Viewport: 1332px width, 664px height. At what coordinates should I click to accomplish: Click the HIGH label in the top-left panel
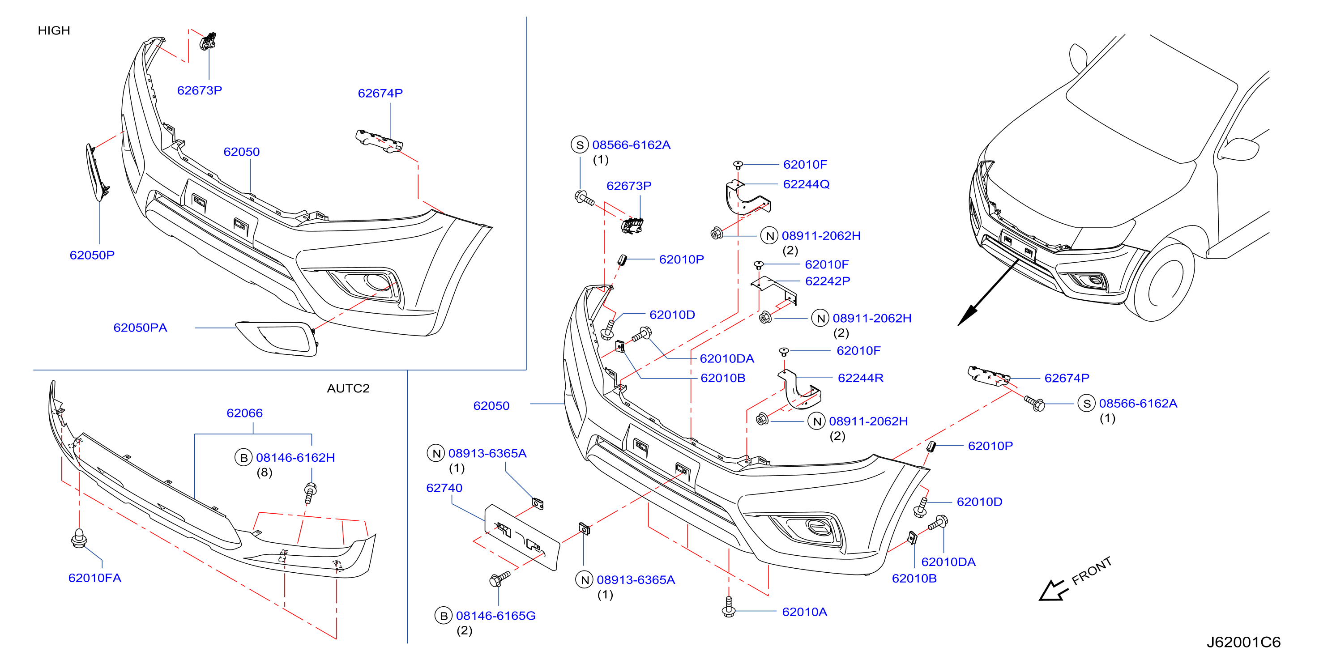tap(54, 30)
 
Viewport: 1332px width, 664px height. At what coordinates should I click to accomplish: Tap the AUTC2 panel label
tap(348, 388)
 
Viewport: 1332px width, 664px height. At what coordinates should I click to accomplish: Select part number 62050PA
tap(140, 328)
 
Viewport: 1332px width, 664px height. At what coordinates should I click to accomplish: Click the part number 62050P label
tap(92, 255)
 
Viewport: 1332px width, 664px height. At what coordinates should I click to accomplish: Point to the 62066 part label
tap(244, 413)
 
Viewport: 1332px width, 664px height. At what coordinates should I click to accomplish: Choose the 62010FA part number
tap(94, 578)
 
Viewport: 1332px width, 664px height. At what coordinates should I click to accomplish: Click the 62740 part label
tap(444, 488)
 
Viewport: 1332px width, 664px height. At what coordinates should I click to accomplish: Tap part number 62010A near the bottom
tap(805, 612)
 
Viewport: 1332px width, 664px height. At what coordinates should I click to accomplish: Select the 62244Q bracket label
tap(806, 184)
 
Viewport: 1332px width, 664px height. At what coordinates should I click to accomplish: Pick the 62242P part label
tap(827, 281)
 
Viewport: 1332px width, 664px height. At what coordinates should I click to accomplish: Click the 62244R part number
tap(860, 378)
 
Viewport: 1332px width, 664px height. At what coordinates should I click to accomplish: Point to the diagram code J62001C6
tap(1243, 642)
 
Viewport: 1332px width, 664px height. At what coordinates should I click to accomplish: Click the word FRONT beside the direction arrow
tap(1092, 571)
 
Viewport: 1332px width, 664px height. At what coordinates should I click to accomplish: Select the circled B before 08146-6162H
tap(243, 457)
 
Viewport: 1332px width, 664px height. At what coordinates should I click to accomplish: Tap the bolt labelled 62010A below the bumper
tap(729, 608)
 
